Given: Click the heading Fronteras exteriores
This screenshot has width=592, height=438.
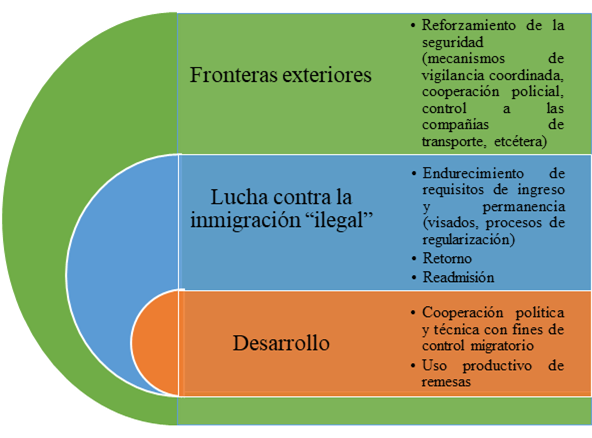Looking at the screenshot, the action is [x=281, y=74].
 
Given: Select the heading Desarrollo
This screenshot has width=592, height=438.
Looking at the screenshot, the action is [x=281, y=343].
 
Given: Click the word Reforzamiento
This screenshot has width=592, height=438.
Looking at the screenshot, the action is [x=469, y=25].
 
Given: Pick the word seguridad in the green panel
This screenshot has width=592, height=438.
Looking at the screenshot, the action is [x=453, y=42].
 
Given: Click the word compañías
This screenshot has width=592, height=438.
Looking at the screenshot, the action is [x=455, y=125].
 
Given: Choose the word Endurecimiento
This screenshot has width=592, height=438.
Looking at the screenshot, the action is [x=473, y=173].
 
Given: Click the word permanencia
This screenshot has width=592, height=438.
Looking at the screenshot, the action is [x=524, y=207].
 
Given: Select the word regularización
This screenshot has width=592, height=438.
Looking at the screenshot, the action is [x=468, y=239].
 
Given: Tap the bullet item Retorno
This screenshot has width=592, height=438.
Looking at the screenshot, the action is [x=447, y=258].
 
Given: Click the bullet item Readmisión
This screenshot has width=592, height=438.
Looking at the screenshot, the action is [x=458, y=277].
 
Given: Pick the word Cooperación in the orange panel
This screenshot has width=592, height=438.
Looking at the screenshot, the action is [x=462, y=313].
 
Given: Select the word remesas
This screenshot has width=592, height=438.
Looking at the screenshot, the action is [x=446, y=382].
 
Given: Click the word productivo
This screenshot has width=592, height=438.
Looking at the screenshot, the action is [x=497, y=366].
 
